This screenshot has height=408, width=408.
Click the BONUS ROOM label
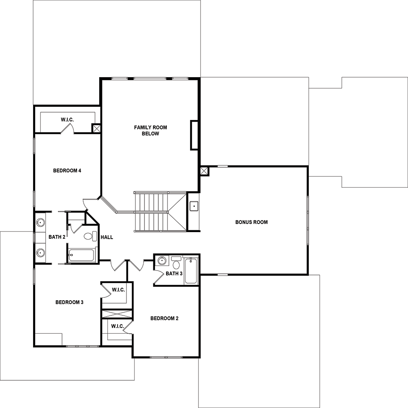pos(251,222)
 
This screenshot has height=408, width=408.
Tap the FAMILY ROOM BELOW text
pos(151,131)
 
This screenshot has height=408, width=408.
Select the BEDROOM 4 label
pos(67,171)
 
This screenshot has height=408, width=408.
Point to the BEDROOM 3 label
pos(69,302)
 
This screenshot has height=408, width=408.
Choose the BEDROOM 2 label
pos(164,319)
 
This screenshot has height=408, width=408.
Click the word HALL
pos(106,237)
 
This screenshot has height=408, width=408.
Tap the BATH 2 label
pos(57,237)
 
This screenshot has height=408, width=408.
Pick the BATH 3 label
pos(174,274)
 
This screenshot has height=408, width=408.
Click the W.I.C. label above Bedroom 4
pos(67,120)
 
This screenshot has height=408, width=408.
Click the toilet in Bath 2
pos(90,236)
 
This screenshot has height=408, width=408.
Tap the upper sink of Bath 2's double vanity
pos(40,222)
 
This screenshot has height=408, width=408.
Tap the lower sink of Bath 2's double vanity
pos(40,253)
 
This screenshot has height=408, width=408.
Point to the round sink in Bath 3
pos(162,260)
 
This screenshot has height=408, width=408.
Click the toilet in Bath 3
pos(176,263)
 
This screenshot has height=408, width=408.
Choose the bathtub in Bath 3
pos(191,271)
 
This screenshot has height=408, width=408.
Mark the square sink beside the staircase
pos(194,206)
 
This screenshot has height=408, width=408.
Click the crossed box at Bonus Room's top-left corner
pos(204,171)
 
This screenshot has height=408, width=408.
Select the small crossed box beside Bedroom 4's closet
pos(96,128)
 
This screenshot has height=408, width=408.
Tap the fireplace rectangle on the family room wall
pos(194,135)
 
